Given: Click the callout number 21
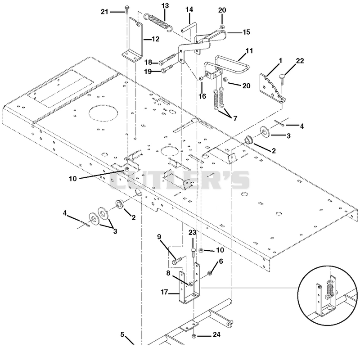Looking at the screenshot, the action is (x=104, y=12).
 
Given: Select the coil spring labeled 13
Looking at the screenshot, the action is (x=158, y=22).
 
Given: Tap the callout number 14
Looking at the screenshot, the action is (x=189, y=9).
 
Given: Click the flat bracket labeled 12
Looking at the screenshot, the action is (x=134, y=41).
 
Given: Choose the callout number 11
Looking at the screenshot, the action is (x=249, y=51).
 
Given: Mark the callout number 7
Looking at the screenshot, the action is (x=235, y=118).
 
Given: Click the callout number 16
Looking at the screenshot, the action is (x=202, y=96).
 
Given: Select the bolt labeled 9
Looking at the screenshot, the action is (x=177, y=261).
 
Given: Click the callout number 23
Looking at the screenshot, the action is (x=193, y=232).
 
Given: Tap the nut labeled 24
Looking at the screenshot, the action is (x=193, y=337).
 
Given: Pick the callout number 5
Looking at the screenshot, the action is (x=122, y=334).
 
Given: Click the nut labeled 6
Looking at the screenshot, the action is (x=210, y=273).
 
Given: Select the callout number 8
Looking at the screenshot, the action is (x=168, y=273).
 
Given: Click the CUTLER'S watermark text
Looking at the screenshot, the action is (x=180, y=180).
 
